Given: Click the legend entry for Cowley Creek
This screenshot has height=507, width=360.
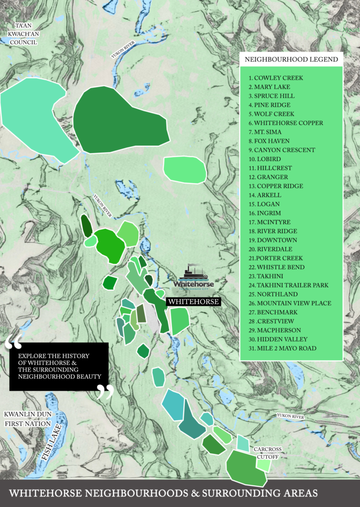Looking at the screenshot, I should (x=276, y=78).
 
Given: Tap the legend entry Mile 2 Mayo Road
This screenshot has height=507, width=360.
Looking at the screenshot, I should (x=283, y=349).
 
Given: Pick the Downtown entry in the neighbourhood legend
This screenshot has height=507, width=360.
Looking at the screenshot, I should (x=273, y=240).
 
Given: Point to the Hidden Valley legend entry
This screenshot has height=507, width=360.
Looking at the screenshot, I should (x=278, y=339).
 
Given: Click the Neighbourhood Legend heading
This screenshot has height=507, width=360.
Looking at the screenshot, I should (x=291, y=60).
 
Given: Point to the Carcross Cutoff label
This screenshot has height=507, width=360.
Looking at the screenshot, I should (x=267, y=453).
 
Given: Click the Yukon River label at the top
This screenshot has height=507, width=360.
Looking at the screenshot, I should (x=123, y=50).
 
